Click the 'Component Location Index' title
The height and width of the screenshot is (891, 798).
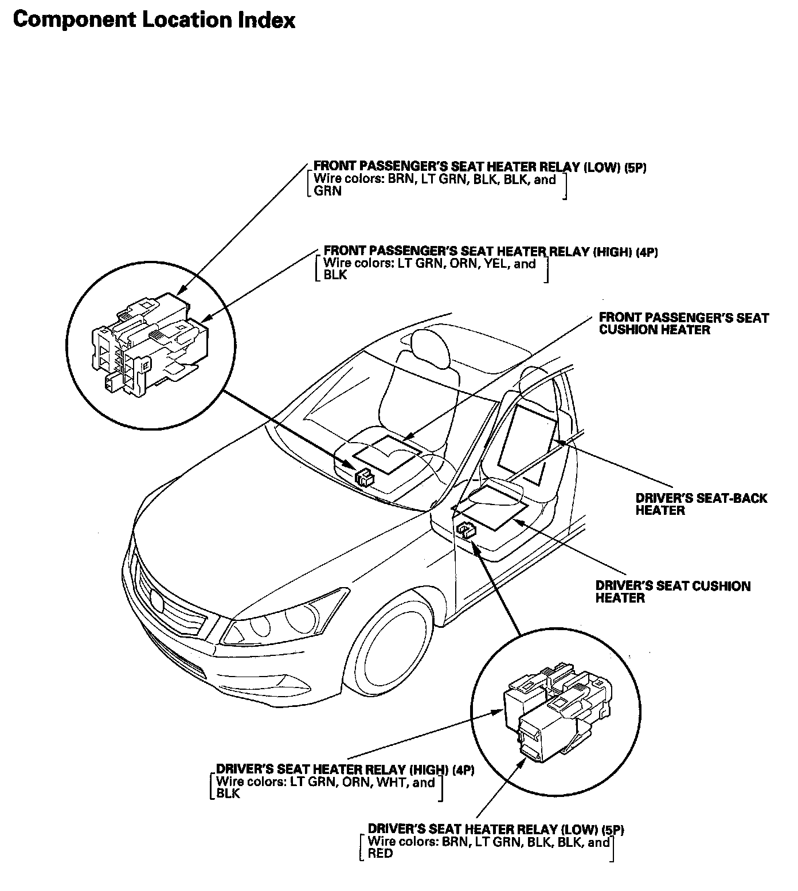pyautogui.click(x=154, y=20)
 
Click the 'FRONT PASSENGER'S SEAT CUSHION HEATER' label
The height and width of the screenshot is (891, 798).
pyautogui.click(x=683, y=323)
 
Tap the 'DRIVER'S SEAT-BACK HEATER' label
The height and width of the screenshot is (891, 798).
pyautogui.click(x=701, y=504)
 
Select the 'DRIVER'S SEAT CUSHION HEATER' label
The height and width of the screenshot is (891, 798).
pyautogui.click(x=672, y=592)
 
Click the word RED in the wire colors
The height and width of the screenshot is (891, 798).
pyautogui.click(x=380, y=853)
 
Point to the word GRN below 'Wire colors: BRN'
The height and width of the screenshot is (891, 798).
pyautogui.click(x=328, y=192)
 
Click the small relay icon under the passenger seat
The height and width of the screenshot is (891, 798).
pyautogui.click(x=364, y=476)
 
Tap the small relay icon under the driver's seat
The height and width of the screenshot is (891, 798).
pyautogui.click(x=465, y=529)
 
